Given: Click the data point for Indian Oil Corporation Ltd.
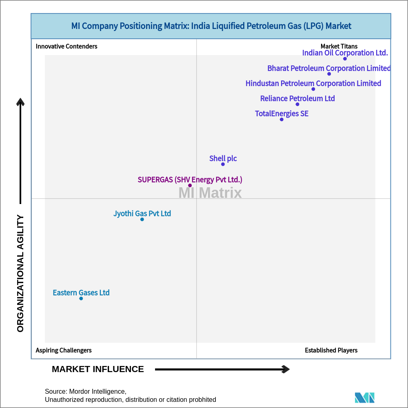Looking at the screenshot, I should (x=345, y=59).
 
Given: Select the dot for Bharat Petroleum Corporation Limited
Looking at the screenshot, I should (x=329, y=74).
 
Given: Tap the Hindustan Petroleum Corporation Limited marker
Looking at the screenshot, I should (x=313, y=89).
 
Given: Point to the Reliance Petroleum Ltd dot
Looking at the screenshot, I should (x=297, y=104).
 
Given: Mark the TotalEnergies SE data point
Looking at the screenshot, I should (x=282, y=119).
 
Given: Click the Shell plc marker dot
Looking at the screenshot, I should (x=223, y=164).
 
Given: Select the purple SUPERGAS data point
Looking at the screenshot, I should (x=190, y=185).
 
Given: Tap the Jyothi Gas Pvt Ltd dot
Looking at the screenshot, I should (x=142, y=219).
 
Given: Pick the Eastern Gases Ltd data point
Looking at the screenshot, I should (x=81, y=298).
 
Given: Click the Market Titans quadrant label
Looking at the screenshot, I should (x=339, y=46).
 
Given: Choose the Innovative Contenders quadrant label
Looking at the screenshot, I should (x=67, y=46).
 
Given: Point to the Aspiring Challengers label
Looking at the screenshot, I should (x=64, y=350).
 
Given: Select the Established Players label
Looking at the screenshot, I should (x=331, y=350).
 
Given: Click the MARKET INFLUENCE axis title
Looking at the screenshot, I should (x=98, y=369).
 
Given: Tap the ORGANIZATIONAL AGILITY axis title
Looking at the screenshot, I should (x=20, y=273).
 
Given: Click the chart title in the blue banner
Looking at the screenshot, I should (x=211, y=26).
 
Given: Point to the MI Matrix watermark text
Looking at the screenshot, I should (x=210, y=193).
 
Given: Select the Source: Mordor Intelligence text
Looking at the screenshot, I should (x=86, y=391).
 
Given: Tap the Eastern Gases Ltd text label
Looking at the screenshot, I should (x=81, y=293).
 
